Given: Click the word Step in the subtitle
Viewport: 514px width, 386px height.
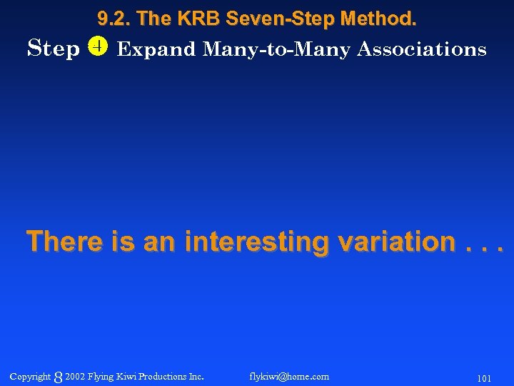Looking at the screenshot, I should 53,49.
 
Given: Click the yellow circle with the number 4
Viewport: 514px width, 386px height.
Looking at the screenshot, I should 97,47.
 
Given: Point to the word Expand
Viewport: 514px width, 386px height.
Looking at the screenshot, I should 156,50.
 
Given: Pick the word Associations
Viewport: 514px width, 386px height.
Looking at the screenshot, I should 421,49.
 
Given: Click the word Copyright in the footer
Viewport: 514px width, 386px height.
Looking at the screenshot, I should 30,377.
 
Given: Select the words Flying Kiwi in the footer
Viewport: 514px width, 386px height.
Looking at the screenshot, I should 113,377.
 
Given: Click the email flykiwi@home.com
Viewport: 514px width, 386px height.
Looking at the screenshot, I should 290,377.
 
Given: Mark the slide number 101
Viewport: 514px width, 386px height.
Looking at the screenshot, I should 483,377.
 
